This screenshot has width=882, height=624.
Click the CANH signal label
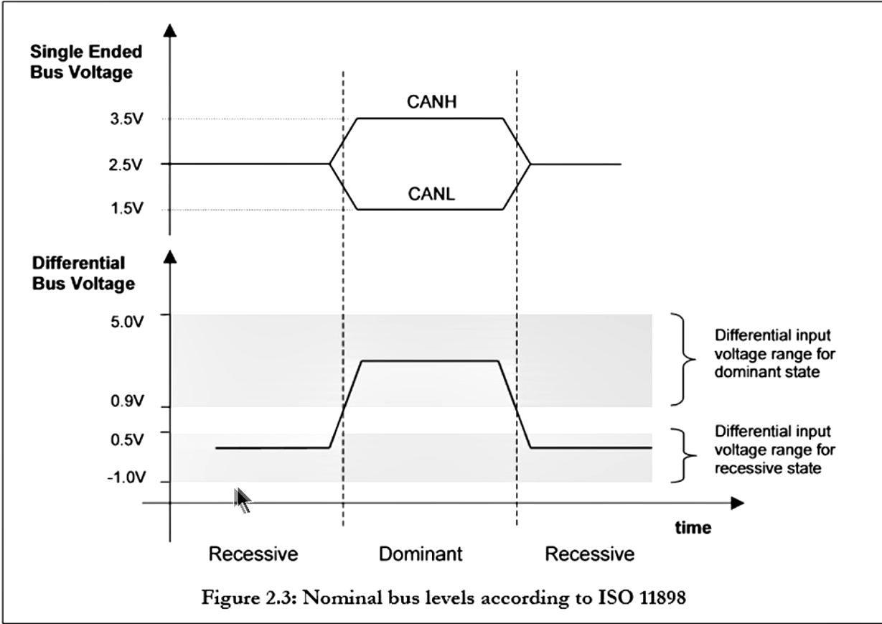pyautogui.click(x=431, y=102)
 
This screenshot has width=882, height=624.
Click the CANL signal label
pyautogui.click(x=431, y=194)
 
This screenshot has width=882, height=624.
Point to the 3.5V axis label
pyautogui.click(x=126, y=118)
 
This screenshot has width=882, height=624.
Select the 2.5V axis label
pyautogui.click(x=125, y=164)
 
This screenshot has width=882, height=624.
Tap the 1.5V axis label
pyautogui.click(x=126, y=208)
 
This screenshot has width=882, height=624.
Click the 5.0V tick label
pyautogui.click(x=127, y=322)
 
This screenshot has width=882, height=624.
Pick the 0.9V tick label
pyautogui.click(x=127, y=401)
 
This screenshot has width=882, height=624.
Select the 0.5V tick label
pyautogui.click(x=127, y=439)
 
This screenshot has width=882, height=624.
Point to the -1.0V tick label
pyautogui.click(x=126, y=478)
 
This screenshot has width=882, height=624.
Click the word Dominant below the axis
pyautogui.click(x=421, y=554)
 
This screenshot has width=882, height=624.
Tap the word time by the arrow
pyautogui.click(x=693, y=528)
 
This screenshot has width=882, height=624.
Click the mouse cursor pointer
pyautogui.click(x=242, y=500)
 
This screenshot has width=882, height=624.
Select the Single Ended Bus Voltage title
pyautogui.click(x=86, y=62)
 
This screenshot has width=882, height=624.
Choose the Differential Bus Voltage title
pyautogui.click(x=83, y=273)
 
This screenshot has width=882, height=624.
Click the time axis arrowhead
pyautogui.click(x=737, y=503)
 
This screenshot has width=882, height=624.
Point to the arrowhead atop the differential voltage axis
pyautogui.click(x=170, y=257)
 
